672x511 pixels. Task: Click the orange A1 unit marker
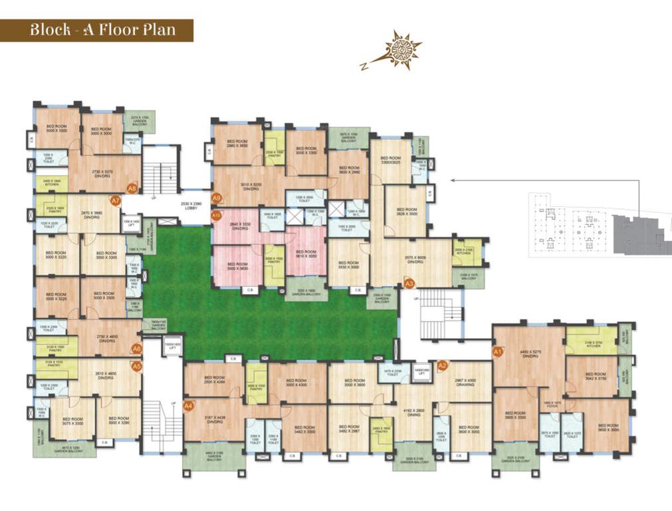pos(497,351)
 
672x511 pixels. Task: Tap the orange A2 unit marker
pos(442,365)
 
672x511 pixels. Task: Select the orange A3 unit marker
pos(409,283)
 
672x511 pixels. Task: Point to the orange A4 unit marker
pos(188,405)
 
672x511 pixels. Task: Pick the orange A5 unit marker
pos(136,365)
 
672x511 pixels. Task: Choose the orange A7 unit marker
pos(115,200)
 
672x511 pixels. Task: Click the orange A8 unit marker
pos(132,188)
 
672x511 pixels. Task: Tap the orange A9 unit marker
pos(216,198)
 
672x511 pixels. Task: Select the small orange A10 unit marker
pos(215,215)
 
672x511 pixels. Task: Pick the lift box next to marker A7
pos(131,223)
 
